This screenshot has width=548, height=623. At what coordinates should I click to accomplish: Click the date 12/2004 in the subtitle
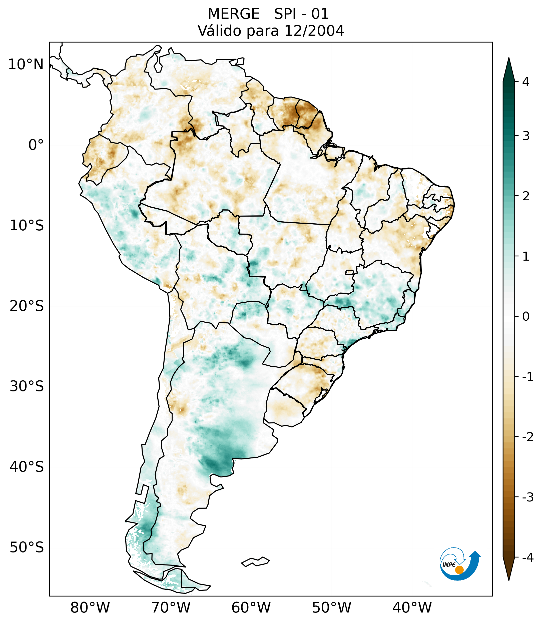tap(314, 31)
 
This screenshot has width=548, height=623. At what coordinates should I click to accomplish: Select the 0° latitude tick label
tap(36, 145)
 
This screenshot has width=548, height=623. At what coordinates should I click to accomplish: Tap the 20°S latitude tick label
tap(27, 306)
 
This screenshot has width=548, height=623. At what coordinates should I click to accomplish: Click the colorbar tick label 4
tap(526, 82)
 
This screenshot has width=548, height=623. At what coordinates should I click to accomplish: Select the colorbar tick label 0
tap(526, 316)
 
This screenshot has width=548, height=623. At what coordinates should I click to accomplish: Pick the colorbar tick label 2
tap(526, 196)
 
